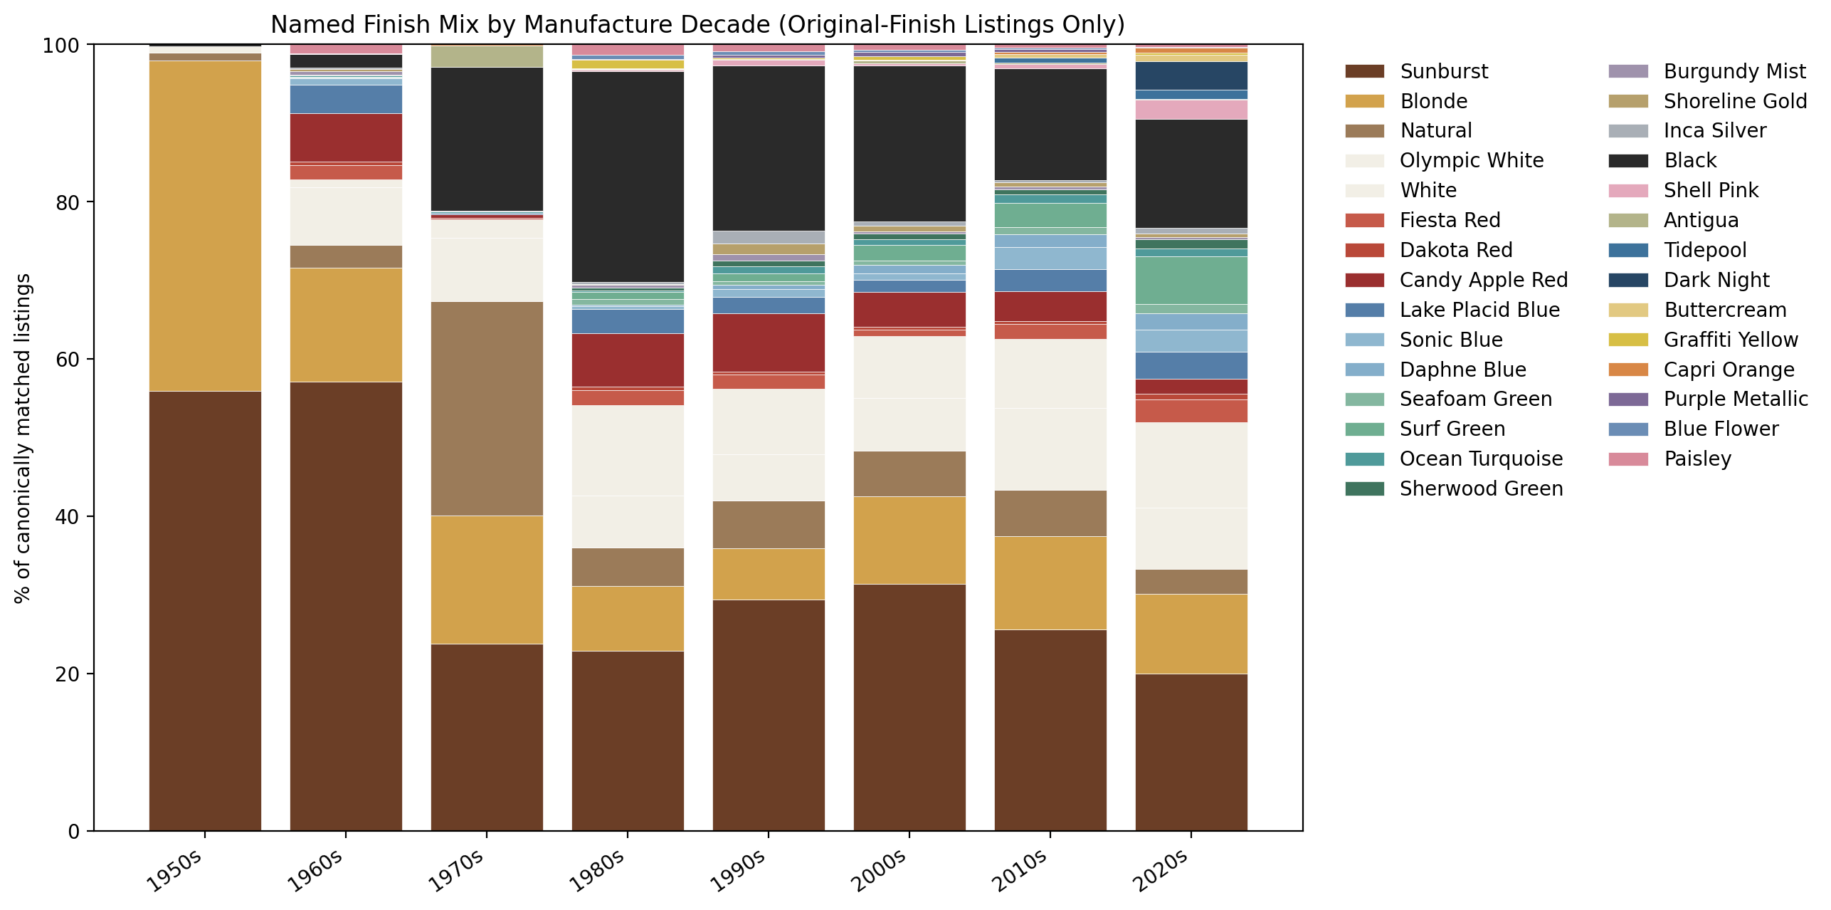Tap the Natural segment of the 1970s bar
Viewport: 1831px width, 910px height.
click(487, 409)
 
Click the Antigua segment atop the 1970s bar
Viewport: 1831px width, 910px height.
click(487, 56)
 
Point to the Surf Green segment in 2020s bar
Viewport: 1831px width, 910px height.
click(1191, 281)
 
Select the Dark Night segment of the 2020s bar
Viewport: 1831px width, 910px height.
click(1191, 75)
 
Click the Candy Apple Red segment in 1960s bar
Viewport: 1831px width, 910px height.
click(346, 137)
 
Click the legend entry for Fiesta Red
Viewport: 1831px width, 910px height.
click(1450, 221)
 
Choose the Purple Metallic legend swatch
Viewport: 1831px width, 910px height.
click(1628, 399)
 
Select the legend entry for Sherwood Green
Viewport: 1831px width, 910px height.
click(1481, 489)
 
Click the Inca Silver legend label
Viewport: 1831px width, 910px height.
click(1714, 131)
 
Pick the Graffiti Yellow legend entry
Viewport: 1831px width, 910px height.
click(1730, 340)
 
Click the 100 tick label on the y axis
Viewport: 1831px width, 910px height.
click(60, 46)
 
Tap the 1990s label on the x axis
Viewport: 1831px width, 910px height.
click(738, 872)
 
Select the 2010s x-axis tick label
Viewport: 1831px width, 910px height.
click(1020, 872)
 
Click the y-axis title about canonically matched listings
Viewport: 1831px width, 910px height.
click(23, 438)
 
